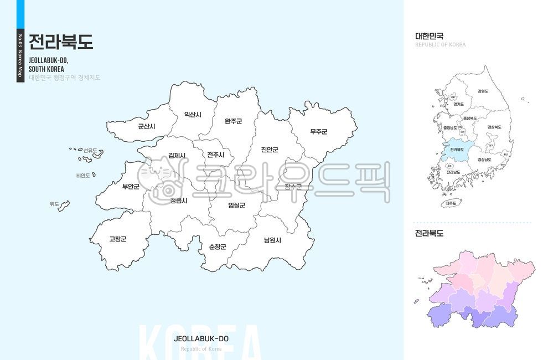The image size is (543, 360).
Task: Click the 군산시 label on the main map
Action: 147,126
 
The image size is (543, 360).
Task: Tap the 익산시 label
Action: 193,115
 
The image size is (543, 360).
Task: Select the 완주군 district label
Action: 233,121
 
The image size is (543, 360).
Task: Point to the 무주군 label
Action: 318,132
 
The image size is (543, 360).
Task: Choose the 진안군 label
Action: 270,150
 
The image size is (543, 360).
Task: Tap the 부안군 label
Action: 131,187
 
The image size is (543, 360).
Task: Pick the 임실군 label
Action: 236,205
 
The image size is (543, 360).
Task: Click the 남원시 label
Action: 272,240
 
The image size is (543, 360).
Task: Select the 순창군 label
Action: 217,246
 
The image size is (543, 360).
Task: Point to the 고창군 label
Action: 117,239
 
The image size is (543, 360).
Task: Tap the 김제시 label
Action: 177,156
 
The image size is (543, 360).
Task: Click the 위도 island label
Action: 54,204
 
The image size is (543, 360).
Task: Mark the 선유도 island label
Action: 90,151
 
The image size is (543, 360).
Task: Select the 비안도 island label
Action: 83,176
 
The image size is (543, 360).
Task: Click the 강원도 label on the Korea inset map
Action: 483,91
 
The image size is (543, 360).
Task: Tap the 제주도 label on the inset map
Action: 451,203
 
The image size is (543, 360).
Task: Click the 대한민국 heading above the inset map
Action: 430,36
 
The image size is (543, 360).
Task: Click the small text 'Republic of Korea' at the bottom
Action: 201,349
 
